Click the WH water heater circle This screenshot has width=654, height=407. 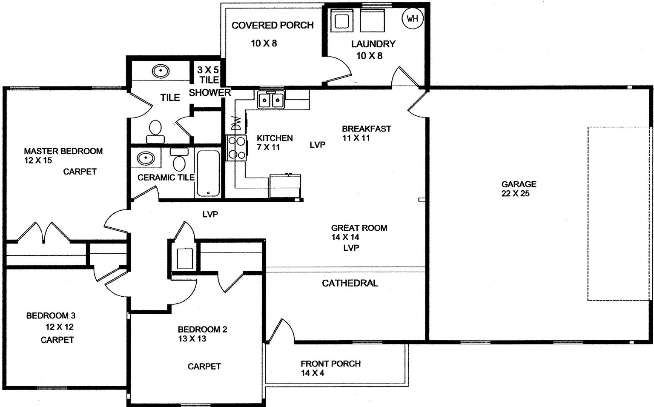tap(413, 18)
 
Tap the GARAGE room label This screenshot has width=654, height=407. tap(519, 184)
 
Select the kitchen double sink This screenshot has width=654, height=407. tap(271, 100)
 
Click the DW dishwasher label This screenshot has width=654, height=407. tap(236, 123)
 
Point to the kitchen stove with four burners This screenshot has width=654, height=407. tap(236, 147)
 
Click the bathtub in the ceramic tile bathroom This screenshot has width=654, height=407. tap(208, 173)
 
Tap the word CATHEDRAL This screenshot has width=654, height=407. tap(350, 283)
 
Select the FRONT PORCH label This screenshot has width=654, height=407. tap(330, 364)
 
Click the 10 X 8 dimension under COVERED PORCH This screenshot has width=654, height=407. tap(264, 43)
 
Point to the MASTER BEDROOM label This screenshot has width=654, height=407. tap(63, 151)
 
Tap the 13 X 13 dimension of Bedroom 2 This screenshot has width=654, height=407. tap(192, 339)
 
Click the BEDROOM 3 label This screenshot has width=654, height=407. tap(51, 315)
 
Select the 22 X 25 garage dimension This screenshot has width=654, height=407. tap(515, 194)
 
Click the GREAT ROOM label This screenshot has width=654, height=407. tap(359, 228)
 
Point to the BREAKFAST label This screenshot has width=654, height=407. tap(366, 129)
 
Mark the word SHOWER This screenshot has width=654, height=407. tap(209, 92)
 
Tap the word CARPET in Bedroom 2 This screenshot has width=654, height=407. tap(204, 366)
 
